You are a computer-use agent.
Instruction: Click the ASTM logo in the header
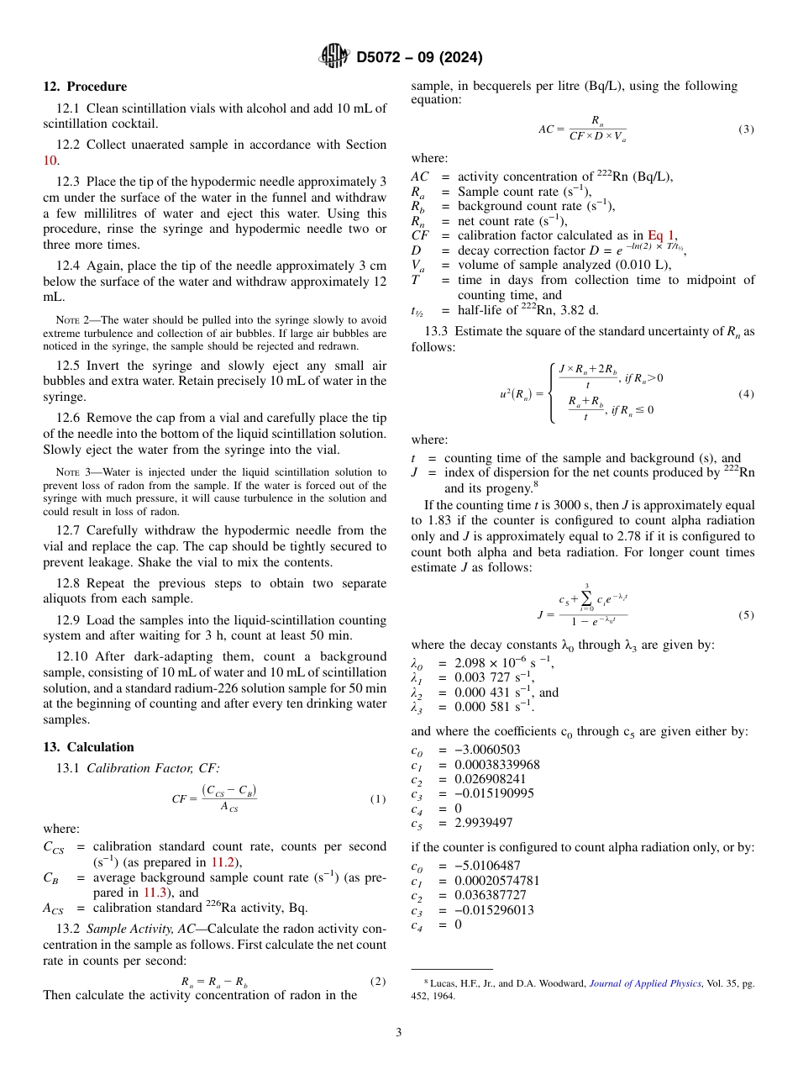point(333,56)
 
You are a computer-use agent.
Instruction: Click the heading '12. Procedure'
point(85,87)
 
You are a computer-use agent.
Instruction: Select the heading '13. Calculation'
point(88,747)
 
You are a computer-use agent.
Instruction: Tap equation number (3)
point(746,129)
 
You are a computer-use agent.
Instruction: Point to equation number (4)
point(746,393)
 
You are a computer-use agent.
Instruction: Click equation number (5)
point(746,615)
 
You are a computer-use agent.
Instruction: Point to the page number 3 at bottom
point(399,1032)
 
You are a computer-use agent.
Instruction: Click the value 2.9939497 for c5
point(484,823)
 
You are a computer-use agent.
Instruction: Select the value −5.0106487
point(487,866)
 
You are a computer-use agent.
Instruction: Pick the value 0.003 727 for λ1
point(485,677)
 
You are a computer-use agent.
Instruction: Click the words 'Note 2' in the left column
point(73,320)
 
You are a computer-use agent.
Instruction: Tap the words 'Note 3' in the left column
point(73,473)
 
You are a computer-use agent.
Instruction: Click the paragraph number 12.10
point(71,656)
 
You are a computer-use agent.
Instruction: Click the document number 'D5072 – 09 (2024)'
point(419,57)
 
